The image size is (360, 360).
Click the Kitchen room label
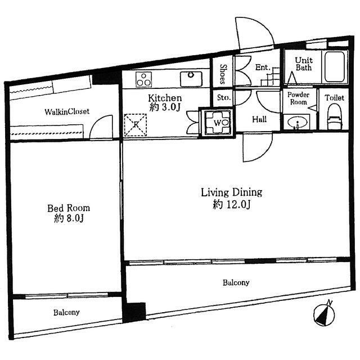pos(165,98)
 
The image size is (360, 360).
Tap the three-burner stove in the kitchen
pos(143,79)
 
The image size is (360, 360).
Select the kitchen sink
pos(191,79)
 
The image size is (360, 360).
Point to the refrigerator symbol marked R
pos(136,125)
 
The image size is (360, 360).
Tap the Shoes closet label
pos(223,74)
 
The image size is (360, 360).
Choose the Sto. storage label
pos(224,97)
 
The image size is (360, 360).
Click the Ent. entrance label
pos(263,67)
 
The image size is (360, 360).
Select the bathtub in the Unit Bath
pos(335,66)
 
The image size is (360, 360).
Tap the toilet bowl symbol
pos(335,116)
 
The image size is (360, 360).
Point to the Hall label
pos(259,119)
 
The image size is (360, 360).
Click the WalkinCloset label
pos(67,112)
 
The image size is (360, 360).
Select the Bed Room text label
pos(69,208)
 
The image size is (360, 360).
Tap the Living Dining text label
pos(231,192)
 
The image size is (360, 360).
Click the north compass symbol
pos(324,314)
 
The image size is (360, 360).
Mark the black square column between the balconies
pos(134,312)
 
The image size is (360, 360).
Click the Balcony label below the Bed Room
pos(66,313)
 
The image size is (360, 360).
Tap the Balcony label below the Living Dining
pos(236,282)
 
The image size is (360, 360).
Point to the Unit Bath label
pos(304,64)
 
